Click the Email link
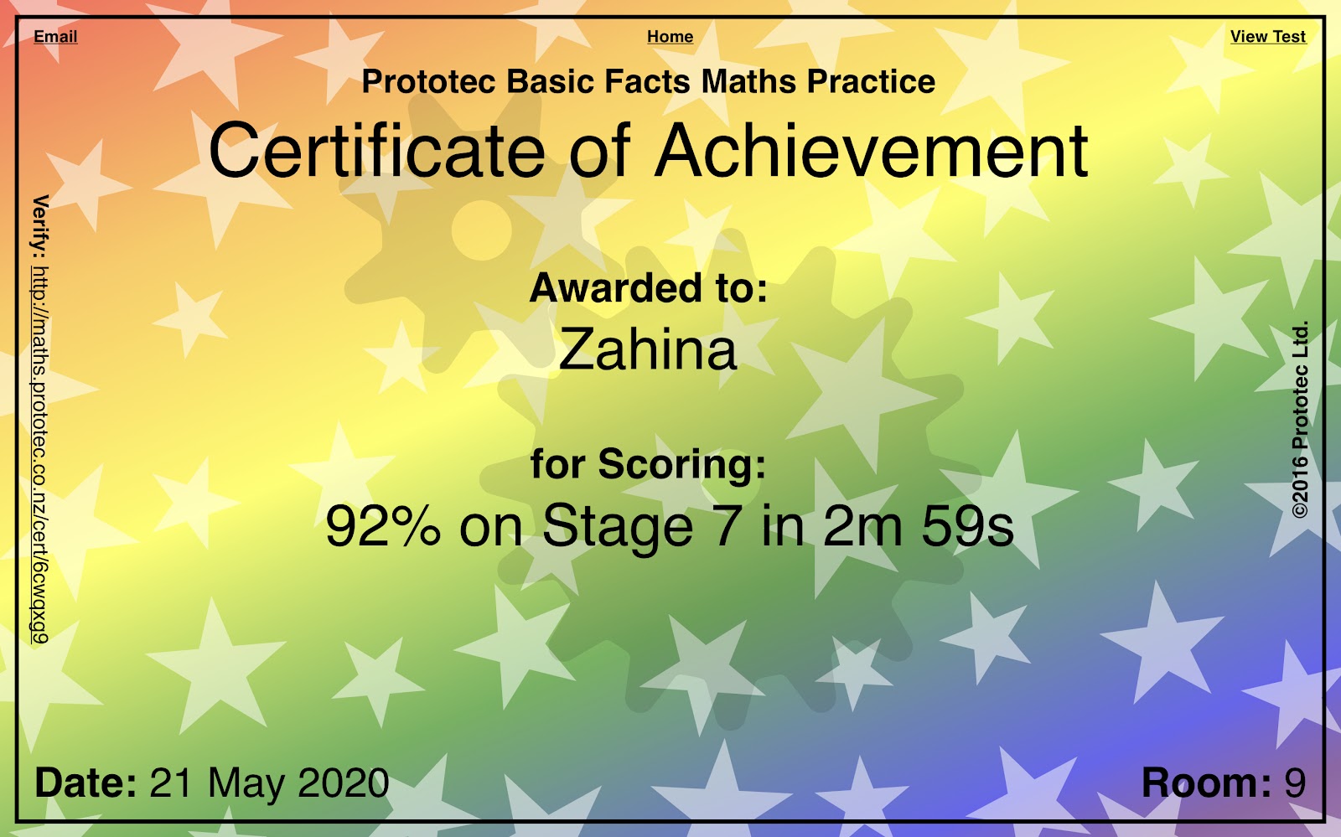[x=55, y=37]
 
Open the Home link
[x=670, y=37]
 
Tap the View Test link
[x=1268, y=37]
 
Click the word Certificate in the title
[x=376, y=150]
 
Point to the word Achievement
[x=871, y=150]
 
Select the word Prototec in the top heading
[x=428, y=81]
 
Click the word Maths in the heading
[x=748, y=81]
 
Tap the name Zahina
[x=648, y=349]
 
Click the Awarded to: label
[x=649, y=287]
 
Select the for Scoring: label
[x=649, y=464]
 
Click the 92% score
[x=383, y=526]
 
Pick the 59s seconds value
[x=967, y=526]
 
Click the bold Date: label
[x=86, y=783]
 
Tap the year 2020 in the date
[x=344, y=783]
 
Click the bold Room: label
[x=1206, y=783]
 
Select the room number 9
[x=1295, y=783]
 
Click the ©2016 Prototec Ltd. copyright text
[x=1300, y=420]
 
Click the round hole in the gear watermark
[x=481, y=230]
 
